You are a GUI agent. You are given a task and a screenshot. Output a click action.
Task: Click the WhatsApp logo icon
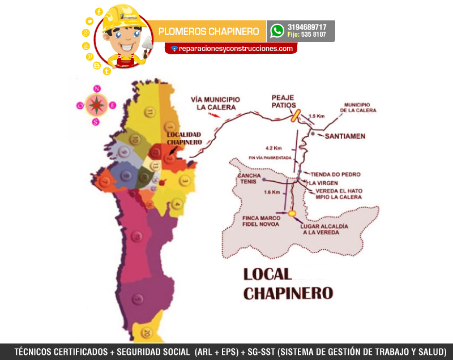click(277, 31)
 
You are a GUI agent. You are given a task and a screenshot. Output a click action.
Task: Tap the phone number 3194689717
click(307, 27)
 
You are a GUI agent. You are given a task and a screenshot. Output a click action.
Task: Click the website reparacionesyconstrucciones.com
click(234, 49)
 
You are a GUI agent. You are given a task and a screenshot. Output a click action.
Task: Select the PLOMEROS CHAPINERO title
click(209, 31)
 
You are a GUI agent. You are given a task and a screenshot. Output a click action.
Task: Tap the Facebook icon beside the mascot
click(99, 11)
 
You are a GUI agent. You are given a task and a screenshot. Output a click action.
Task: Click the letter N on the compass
click(97, 89)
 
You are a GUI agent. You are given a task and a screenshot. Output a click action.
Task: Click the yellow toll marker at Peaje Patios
click(295, 115)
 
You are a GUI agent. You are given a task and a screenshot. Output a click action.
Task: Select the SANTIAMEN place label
click(343, 136)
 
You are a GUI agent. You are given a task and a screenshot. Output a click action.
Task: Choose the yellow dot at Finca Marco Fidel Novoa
click(292, 213)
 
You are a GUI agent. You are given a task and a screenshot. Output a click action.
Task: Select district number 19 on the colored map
click(136, 235)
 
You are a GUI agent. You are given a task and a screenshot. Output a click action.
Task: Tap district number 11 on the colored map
click(149, 113)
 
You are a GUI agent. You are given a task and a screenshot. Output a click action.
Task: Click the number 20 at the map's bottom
click(147, 332)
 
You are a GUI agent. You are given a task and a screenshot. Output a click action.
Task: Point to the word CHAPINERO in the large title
click(288, 293)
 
